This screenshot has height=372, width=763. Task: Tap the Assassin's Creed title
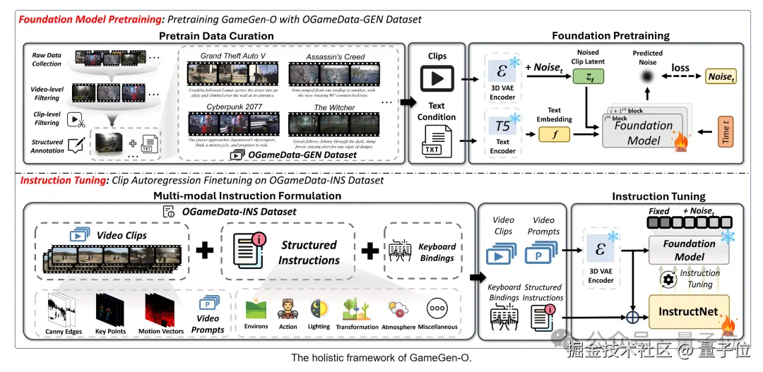[336, 56]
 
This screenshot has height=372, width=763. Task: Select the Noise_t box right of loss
[720, 76]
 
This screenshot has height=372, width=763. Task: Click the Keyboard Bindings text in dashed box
[437, 252]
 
